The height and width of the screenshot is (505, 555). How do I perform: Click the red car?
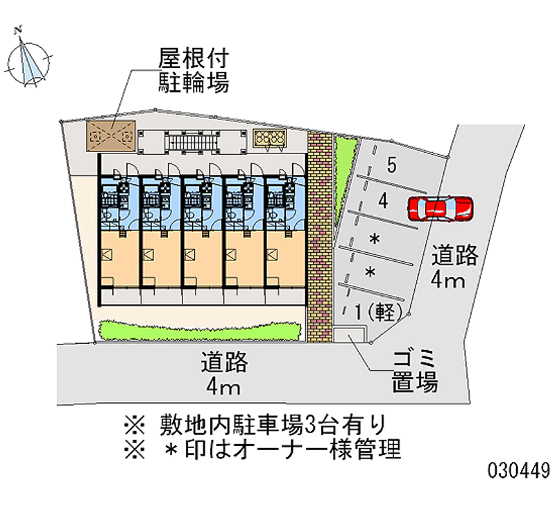click(441, 209)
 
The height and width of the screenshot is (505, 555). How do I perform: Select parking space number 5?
click(391, 165)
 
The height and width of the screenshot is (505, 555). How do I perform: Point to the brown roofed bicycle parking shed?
click(111, 135)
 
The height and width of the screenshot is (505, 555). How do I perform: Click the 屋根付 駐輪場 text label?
click(194, 70)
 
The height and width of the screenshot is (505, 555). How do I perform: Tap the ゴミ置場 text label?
click(414, 371)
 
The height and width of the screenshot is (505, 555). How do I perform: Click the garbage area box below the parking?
click(349, 335)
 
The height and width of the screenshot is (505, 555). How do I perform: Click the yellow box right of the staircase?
click(270, 138)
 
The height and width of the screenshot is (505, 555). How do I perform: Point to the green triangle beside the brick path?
click(344, 177)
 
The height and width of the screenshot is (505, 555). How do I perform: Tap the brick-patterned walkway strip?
click(320, 236)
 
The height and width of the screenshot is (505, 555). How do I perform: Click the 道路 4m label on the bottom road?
click(224, 374)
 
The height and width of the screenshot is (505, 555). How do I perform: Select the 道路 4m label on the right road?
click(454, 267)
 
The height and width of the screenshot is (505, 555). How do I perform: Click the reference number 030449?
click(519, 471)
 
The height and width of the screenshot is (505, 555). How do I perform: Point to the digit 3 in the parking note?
click(309, 425)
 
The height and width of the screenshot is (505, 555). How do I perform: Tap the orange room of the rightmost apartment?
click(285, 258)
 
